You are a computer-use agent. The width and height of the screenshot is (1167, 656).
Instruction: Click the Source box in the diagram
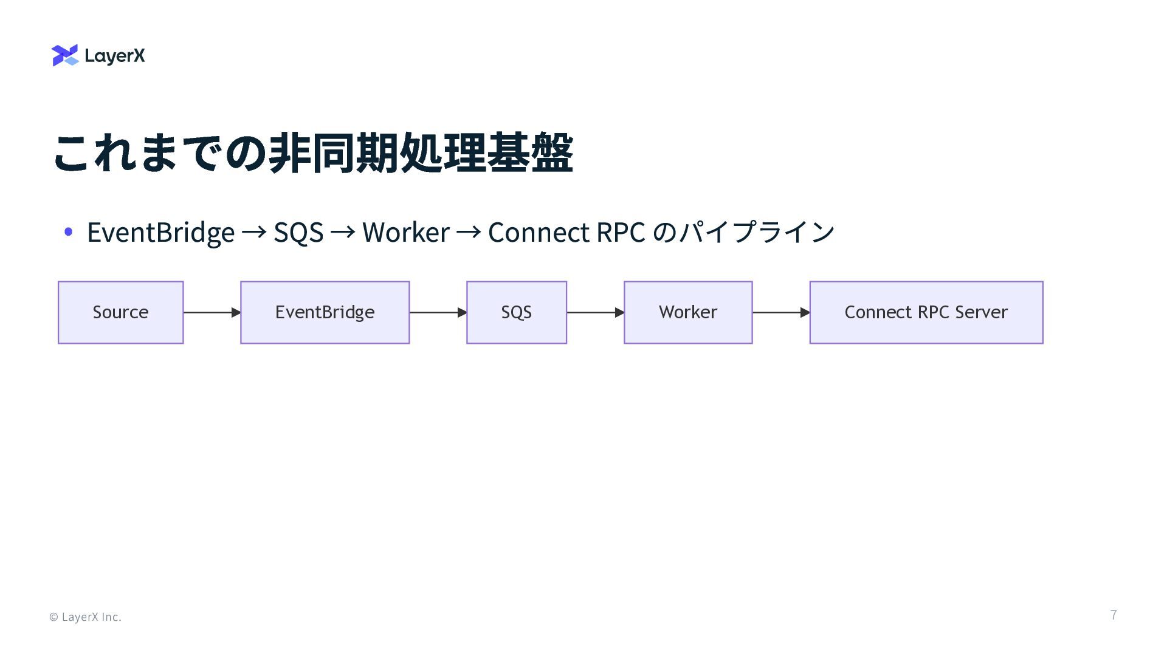pos(120,312)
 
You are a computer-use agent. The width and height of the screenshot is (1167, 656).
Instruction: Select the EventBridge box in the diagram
pos(325,312)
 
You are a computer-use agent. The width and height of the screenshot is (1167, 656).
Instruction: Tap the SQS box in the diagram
pos(516,312)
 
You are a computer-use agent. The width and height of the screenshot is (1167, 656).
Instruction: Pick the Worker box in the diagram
pos(688,312)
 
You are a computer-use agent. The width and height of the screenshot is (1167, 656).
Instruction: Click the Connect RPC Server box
pos(926,312)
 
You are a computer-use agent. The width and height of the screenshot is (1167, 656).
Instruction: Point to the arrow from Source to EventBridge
pos(212,312)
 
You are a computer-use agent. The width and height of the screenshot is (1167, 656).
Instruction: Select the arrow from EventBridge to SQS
pos(438,312)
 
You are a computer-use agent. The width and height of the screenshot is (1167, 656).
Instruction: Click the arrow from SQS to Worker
pos(595,312)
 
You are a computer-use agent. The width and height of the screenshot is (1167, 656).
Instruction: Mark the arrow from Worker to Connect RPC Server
pos(781,312)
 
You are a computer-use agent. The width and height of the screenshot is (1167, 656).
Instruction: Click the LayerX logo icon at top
pos(65,55)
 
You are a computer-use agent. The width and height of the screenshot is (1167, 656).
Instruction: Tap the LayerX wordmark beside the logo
pos(115,56)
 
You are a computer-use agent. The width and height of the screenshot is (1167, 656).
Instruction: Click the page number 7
pos(1114,615)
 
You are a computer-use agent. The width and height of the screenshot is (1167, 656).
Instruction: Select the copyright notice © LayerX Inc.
pos(85,617)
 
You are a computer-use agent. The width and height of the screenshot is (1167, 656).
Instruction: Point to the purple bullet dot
pos(68,231)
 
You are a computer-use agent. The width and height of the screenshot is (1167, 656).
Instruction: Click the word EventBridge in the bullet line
pos(160,232)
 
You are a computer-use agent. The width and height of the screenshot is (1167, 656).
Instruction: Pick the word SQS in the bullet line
pos(298,232)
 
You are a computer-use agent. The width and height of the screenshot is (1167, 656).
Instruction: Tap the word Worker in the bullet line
pos(405,232)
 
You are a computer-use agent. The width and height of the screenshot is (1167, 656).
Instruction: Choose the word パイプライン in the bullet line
pos(757,232)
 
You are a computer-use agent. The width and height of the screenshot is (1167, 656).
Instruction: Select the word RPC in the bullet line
pos(621,232)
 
